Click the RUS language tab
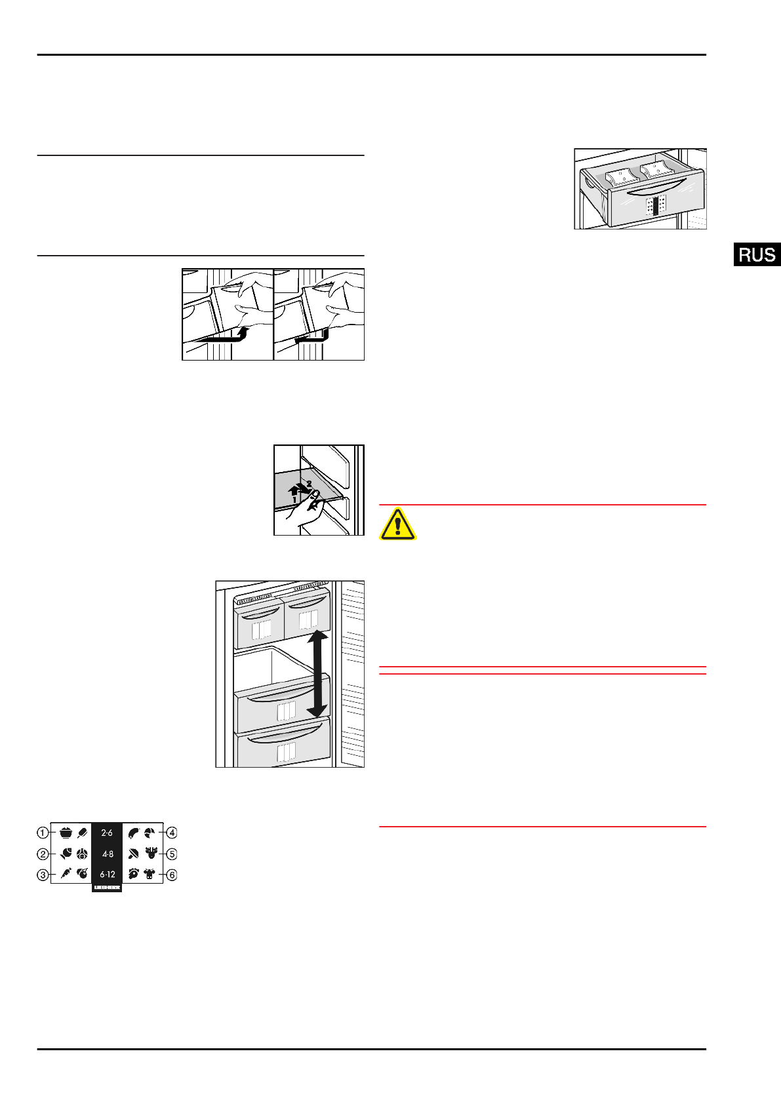pyautogui.click(x=757, y=254)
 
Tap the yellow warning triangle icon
pyautogui.click(x=397, y=524)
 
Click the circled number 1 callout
pyautogui.click(x=43, y=833)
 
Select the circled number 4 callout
pyautogui.click(x=172, y=833)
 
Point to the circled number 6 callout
pyautogui.click(x=172, y=875)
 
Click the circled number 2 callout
pyautogui.click(x=43, y=854)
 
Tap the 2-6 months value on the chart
pyautogui.click(x=107, y=833)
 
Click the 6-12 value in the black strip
pyautogui.click(x=107, y=875)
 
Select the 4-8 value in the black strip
pyautogui.click(x=107, y=854)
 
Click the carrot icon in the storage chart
pyautogui.click(x=66, y=873)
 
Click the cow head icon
pyautogui.click(x=150, y=874)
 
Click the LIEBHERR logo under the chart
pyautogui.click(x=107, y=887)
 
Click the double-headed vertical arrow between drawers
pyautogui.click(x=317, y=673)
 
